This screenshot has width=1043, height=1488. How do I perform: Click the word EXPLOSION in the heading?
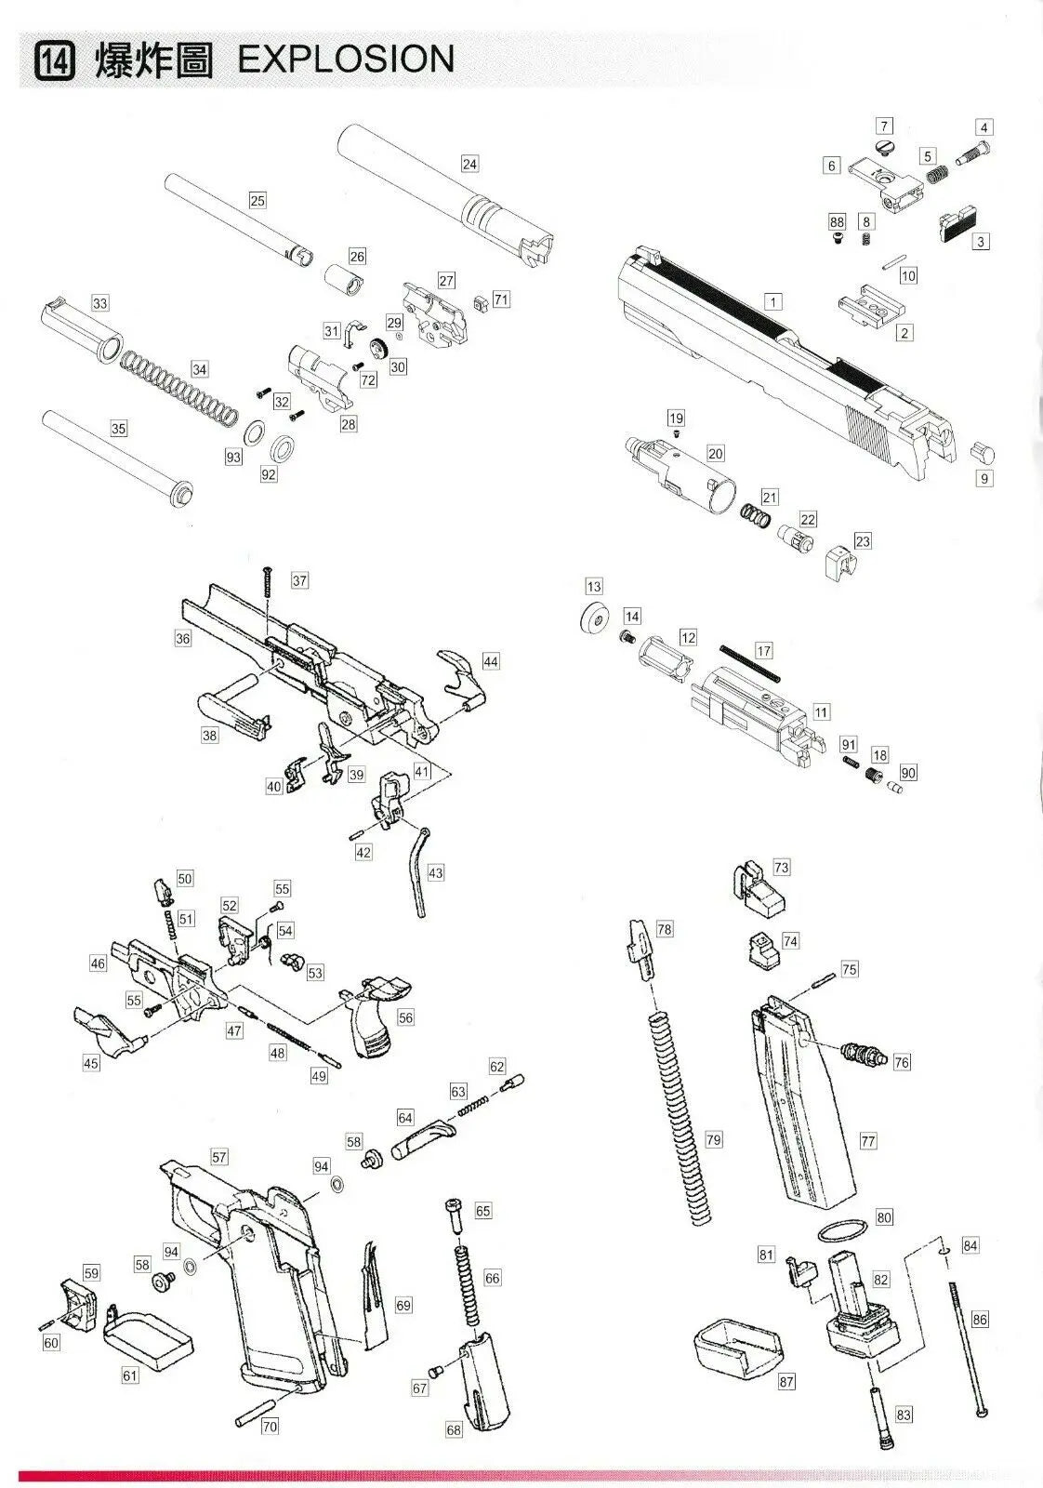click(x=346, y=60)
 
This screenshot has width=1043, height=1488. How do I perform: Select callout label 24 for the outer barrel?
click(x=469, y=164)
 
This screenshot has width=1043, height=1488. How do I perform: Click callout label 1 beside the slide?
click(x=772, y=301)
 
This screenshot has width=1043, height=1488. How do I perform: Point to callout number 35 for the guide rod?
click(x=118, y=429)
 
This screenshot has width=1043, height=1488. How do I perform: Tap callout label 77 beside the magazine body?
click(x=867, y=1140)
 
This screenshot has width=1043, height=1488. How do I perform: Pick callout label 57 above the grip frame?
click(x=218, y=1157)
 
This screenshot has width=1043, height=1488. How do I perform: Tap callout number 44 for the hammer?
click(x=490, y=661)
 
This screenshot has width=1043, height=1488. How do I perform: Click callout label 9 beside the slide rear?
click(x=984, y=479)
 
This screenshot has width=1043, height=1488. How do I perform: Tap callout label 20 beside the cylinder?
click(x=715, y=453)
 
